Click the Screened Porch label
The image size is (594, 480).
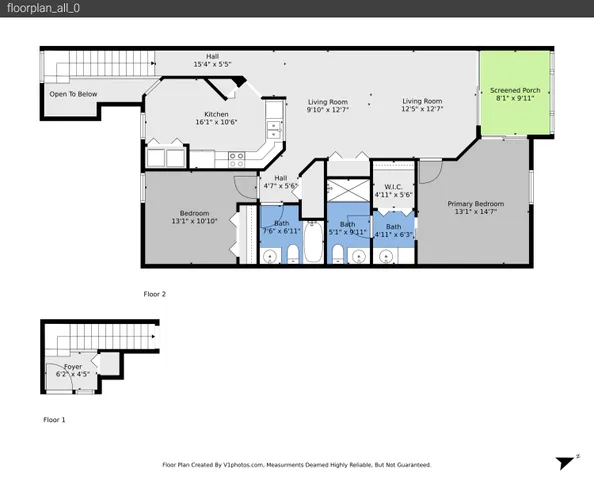pos(515,95)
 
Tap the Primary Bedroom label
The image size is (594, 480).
pos(475,208)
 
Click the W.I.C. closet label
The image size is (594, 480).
pos(393,190)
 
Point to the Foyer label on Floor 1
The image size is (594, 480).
pos(73,371)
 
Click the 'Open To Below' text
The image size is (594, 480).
pos(73,94)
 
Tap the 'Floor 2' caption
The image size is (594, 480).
pos(154,294)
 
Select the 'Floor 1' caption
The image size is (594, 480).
pos(54,420)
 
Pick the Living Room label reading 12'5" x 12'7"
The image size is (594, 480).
pos(422,105)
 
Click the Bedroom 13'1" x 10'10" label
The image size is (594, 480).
pos(194,217)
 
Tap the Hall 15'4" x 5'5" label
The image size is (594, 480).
pos(212,60)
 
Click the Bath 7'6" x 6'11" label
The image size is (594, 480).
pos(281,227)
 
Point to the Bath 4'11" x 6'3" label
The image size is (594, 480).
pos(393,231)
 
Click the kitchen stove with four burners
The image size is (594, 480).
pos(237,156)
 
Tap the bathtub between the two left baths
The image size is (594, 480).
pos(313,242)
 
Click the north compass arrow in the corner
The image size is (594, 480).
pos(565,461)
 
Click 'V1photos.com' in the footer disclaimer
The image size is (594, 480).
pos(243,465)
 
